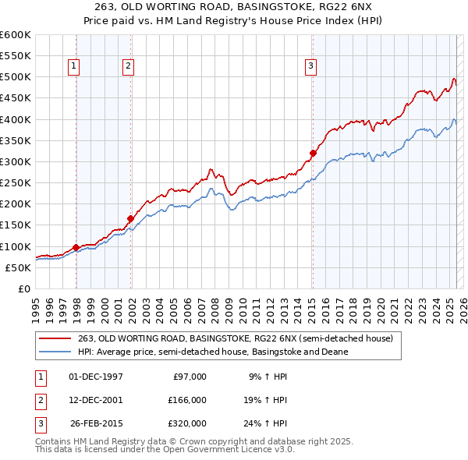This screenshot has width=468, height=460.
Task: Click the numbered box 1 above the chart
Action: [73, 66]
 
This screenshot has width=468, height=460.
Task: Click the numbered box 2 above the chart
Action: [127, 66]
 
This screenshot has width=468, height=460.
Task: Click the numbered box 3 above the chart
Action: [310, 66]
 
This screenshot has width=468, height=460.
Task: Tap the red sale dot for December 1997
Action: [76, 247]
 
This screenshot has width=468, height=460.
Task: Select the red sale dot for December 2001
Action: [130, 218]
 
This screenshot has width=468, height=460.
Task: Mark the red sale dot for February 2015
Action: [313, 153]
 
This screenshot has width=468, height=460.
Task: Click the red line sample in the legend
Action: [55, 338]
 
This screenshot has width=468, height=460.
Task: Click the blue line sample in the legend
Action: [55, 352]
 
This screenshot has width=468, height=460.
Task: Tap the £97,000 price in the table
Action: [190, 376]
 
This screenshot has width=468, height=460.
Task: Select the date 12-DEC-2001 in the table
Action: [96, 399]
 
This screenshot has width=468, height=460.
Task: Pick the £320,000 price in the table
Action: [187, 423]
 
